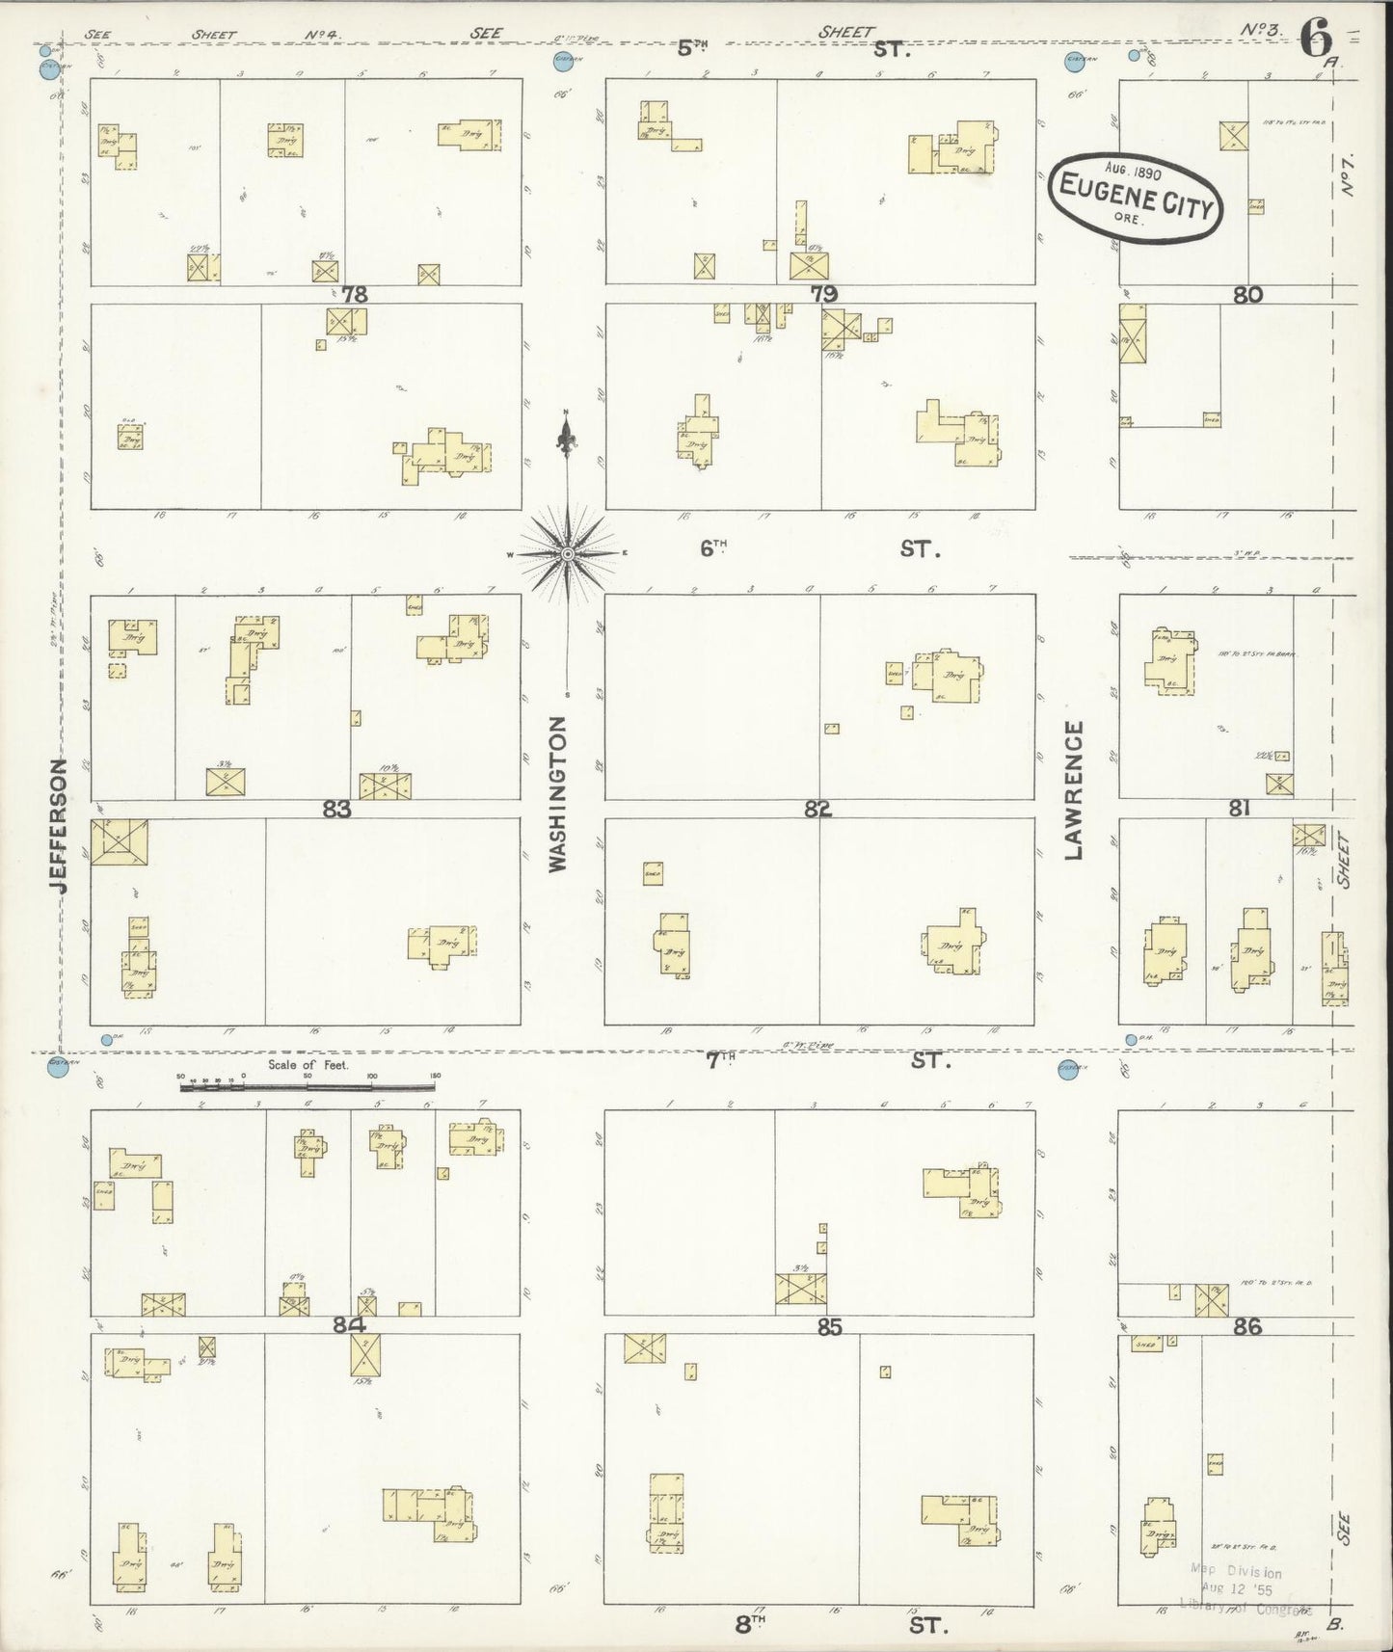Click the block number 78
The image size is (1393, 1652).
pyautogui.click(x=355, y=295)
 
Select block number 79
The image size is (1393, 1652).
pyautogui.click(x=824, y=295)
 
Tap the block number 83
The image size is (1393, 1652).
pyautogui.click(x=336, y=811)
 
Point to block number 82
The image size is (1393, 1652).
pyautogui.click(x=817, y=811)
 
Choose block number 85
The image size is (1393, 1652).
pyautogui.click(x=829, y=1327)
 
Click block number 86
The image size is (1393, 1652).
pyautogui.click(x=1246, y=1327)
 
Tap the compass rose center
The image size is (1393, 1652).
pyautogui.click(x=568, y=553)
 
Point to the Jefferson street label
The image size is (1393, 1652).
pyautogui.click(x=59, y=825)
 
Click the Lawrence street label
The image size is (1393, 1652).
pyautogui.click(x=1074, y=790)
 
